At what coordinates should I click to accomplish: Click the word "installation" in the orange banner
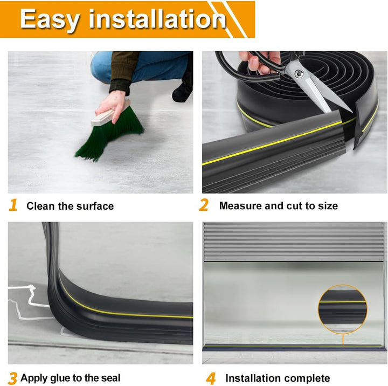tap(157, 18)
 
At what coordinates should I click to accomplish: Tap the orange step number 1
tap(13, 205)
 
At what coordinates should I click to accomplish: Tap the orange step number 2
tap(203, 205)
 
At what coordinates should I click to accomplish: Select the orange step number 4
tap(211, 378)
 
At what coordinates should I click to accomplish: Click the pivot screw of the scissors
tap(299, 73)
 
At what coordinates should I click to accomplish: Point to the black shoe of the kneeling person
tap(183, 91)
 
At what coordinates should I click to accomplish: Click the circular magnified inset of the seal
tap(343, 309)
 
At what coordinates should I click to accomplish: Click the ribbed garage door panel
tap(294, 242)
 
